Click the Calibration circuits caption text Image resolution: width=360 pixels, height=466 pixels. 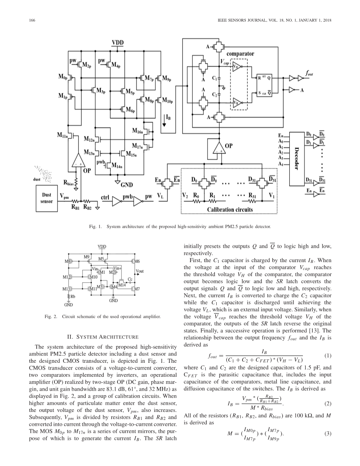[225, 209]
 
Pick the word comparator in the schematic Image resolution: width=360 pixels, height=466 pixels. [240, 54]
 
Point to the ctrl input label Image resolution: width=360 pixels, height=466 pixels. [105, 197]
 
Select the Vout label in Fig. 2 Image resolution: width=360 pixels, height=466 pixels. [140, 271]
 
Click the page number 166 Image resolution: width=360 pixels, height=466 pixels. [32, 20]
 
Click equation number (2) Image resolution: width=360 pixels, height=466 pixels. [328, 404]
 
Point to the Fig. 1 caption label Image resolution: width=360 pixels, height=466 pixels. [95, 227]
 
